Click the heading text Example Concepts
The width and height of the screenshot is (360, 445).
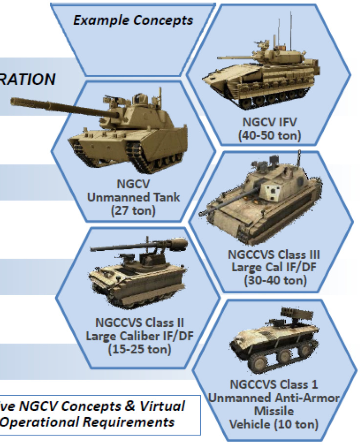tap(133, 20)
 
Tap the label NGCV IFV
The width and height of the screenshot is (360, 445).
tap(269, 122)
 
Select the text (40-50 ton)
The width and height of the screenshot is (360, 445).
tap(269, 135)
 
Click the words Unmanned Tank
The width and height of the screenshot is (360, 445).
tap(133, 197)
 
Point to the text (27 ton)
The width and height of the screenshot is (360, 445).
tap(133, 211)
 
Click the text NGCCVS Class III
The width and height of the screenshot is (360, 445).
tap(274, 255)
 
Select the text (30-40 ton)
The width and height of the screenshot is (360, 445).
tap(275, 281)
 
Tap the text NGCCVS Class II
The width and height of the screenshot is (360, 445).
tap(140, 323)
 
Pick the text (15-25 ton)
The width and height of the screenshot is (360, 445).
tap(140, 349)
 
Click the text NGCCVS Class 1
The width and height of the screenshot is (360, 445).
tap(274, 384)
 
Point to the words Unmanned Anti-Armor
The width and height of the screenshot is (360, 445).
tap(274, 398)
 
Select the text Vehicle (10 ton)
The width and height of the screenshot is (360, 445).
tap(274, 425)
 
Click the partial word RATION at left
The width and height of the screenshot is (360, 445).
tap(27, 80)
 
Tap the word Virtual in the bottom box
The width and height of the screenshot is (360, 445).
tap(162, 406)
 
